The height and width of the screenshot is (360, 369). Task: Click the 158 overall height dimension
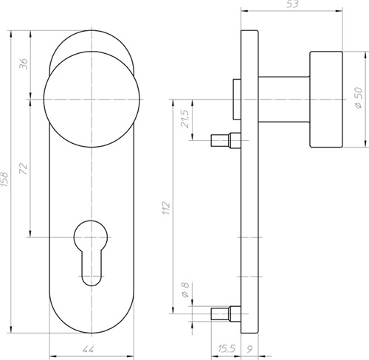[x=4, y=179]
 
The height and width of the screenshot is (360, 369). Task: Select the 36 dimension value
[x=24, y=64]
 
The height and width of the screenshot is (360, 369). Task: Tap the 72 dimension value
[x=24, y=168]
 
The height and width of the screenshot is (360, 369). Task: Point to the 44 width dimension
[x=88, y=349]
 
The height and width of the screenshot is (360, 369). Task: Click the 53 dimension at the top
[x=292, y=4]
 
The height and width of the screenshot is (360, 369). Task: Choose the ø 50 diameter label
[x=359, y=97]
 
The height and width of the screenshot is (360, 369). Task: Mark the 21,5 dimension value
[x=185, y=119]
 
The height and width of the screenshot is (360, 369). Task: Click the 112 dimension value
[x=166, y=208]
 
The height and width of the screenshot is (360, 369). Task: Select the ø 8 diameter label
[x=185, y=290]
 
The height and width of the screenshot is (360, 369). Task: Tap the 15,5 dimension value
[x=227, y=349]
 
